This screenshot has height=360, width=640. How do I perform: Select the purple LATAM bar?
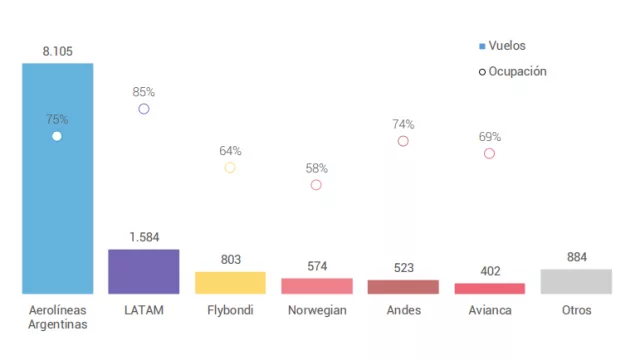pyautogui.click(x=143, y=271)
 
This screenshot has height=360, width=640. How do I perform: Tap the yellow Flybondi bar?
pyautogui.click(x=230, y=282)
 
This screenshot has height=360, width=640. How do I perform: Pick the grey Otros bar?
pyautogui.click(x=575, y=281)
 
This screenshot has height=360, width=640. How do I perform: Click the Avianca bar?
pyautogui.click(x=489, y=288)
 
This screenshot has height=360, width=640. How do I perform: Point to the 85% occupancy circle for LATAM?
pyautogui.click(x=144, y=108)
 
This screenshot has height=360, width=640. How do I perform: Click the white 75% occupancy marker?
pyautogui.click(x=57, y=135)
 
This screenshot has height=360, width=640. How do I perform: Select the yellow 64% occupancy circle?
pyautogui.click(x=230, y=167)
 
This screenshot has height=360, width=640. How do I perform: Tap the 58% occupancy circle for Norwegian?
pyautogui.click(x=316, y=184)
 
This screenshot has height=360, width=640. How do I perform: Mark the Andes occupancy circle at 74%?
pyautogui.click(x=403, y=141)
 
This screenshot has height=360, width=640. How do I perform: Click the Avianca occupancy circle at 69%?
pyautogui.click(x=489, y=153)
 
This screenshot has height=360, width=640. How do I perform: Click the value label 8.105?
pyautogui.click(x=57, y=51)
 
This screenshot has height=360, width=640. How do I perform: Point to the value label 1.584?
pyautogui.click(x=144, y=237)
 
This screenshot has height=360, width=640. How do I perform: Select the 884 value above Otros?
pyautogui.click(x=575, y=256)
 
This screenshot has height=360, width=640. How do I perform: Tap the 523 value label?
pyautogui.click(x=403, y=268)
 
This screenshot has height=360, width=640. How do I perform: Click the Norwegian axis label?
pyautogui.click(x=316, y=310)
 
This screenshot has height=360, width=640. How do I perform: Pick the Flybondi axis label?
pyautogui.click(x=230, y=310)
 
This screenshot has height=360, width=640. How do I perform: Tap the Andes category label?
pyautogui.click(x=403, y=310)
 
